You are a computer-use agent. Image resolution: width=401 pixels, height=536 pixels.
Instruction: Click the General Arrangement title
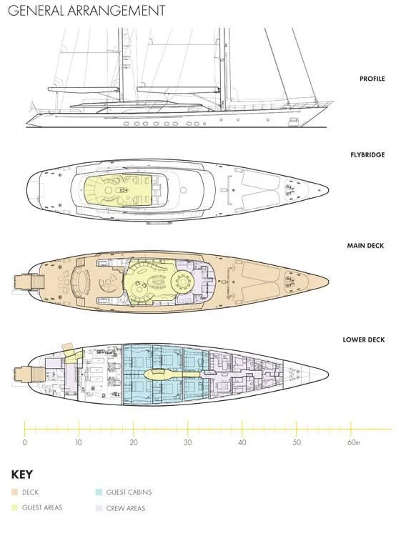(86, 10)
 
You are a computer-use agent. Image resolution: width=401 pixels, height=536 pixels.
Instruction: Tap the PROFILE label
(372, 79)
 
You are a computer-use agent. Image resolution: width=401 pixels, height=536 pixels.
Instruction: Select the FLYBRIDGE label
(367, 155)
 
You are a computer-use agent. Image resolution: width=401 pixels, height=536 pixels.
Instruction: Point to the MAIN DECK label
(365, 245)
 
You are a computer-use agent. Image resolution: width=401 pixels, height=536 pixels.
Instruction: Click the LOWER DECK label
(364, 339)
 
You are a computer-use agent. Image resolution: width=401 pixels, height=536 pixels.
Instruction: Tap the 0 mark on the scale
(24, 442)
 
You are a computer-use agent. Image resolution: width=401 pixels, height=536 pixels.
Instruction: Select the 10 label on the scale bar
(79, 442)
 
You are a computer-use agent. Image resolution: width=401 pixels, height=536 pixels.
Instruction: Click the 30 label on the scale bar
(188, 442)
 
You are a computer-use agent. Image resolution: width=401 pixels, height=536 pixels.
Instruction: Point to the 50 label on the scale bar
(297, 442)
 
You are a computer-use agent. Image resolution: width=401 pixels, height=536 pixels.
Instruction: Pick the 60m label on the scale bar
(354, 442)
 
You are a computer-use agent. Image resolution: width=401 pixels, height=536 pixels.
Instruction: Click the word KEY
(22, 475)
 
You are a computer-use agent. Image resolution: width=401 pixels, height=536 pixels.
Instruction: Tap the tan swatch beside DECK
(14, 492)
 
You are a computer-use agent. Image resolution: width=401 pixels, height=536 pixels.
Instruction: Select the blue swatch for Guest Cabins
(99, 492)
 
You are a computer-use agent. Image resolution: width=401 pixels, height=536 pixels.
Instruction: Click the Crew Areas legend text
(126, 508)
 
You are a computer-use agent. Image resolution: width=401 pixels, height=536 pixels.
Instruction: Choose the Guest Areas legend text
(42, 507)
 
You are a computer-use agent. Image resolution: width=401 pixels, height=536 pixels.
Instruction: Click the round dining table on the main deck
(182, 282)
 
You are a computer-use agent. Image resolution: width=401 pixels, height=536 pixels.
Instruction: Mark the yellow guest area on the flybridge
(118, 190)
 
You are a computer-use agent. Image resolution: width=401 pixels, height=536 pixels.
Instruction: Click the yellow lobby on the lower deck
(171, 374)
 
